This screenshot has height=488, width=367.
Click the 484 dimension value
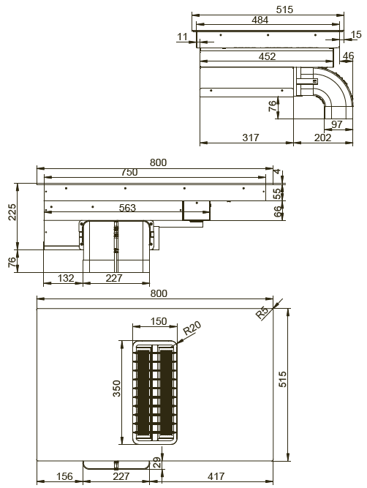pyautogui.click(x=260, y=20)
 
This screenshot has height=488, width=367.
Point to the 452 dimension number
pyautogui.click(x=267, y=56)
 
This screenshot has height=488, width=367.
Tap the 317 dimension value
pyautogui.click(x=251, y=138)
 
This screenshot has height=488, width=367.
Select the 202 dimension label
pyautogui.click(x=323, y=138)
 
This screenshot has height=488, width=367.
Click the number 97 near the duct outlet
pyautogui.click(x=337, y=124)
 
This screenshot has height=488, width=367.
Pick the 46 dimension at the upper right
pyautogui.click(x=348, y=56)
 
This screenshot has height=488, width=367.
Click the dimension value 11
pyautogui.click(x=183, y=37)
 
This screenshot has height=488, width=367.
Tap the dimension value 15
pyautogui.click(x=356, y=34)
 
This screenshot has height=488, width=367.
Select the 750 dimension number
pyautogui.click(x=129, y=172)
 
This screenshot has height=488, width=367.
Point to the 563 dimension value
pyautogui.click(x=127, y=208)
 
